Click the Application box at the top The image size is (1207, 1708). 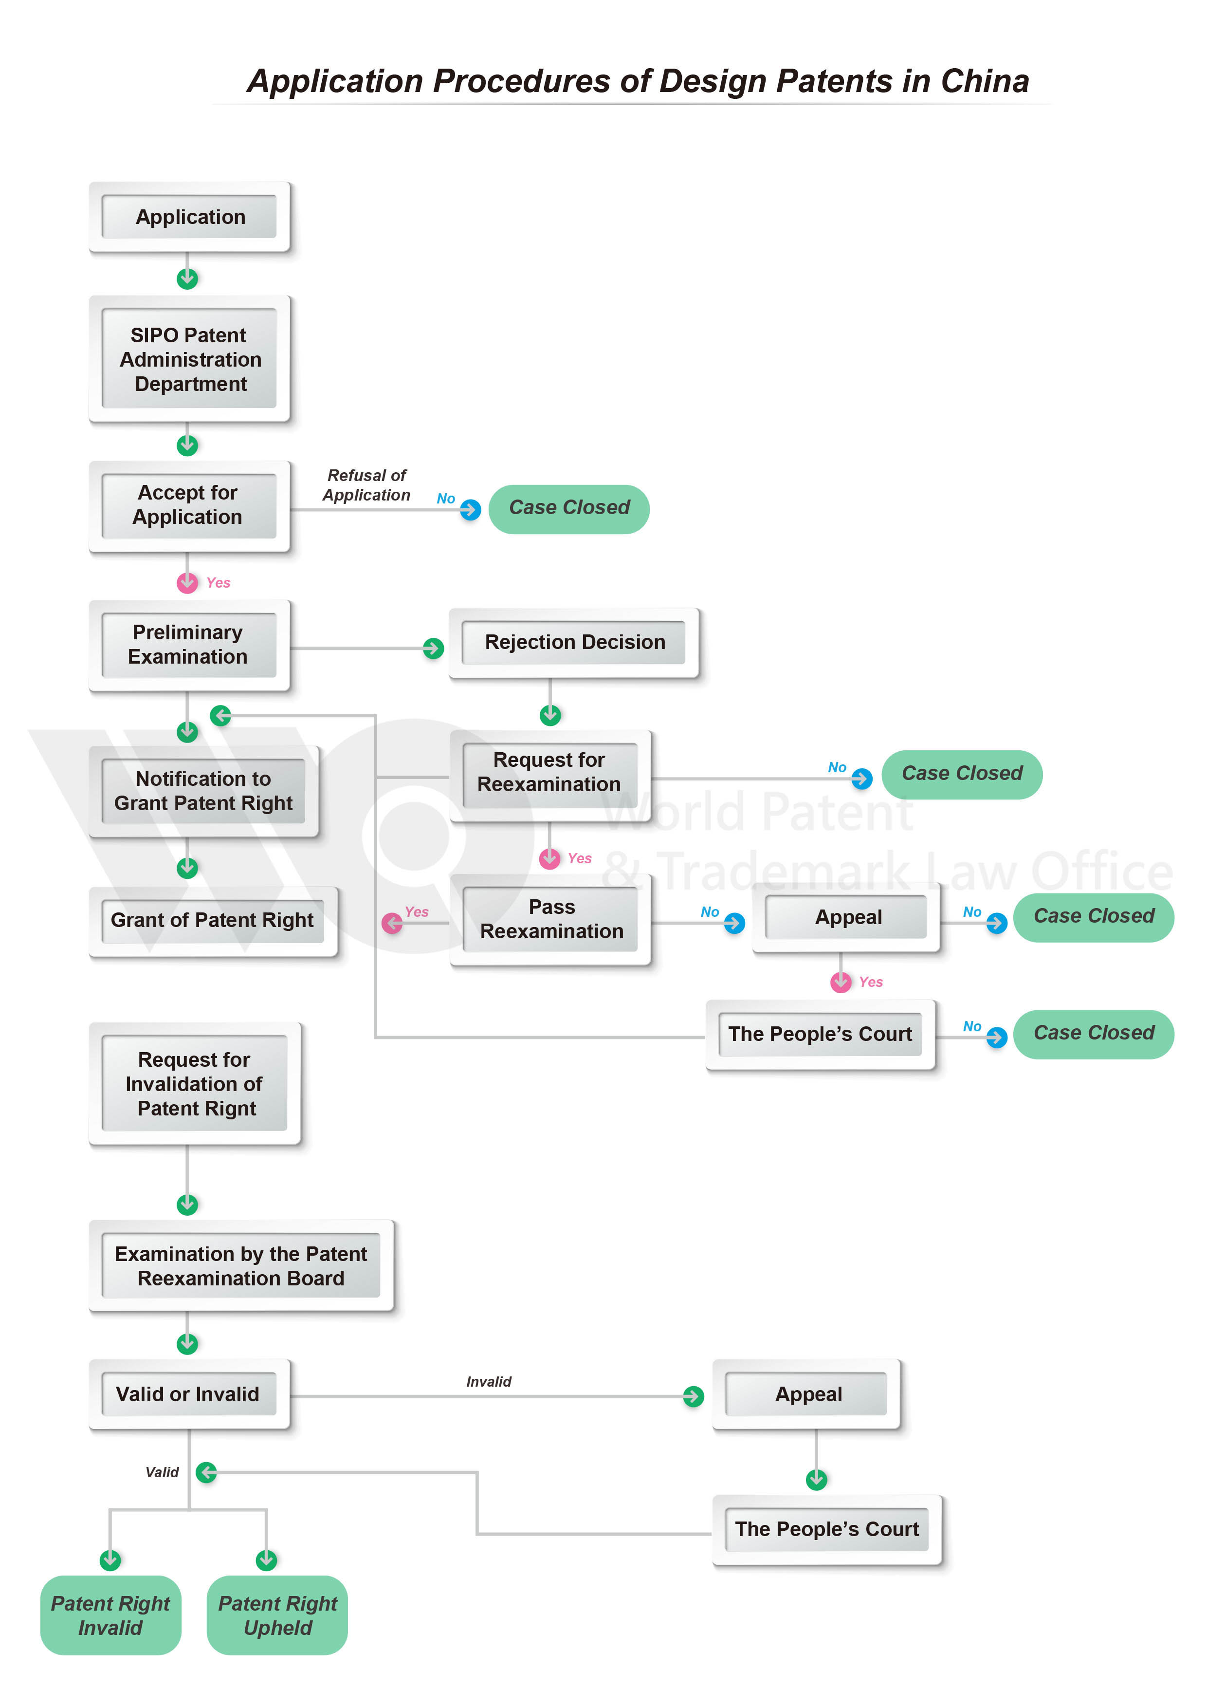(x=190, y=217)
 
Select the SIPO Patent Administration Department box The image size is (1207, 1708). (x=190, y=359)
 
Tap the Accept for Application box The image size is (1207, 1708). (x=188, y=505)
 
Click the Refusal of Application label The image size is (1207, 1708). (x=366, y=485)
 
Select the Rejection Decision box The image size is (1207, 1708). (x=574, y=642)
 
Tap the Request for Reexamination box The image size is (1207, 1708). (x=549, y=773)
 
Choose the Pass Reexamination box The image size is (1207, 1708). (x=551, y=919)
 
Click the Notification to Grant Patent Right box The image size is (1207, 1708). (x=203, y=791)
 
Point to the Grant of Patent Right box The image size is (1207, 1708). (x=212, y=920)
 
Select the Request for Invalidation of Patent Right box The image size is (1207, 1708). (x=194, y=1083)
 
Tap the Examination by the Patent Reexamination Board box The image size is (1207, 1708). (x=240, y=1265)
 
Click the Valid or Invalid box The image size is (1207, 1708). (x=188, y=1394)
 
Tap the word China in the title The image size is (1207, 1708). (x=984, y=81)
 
